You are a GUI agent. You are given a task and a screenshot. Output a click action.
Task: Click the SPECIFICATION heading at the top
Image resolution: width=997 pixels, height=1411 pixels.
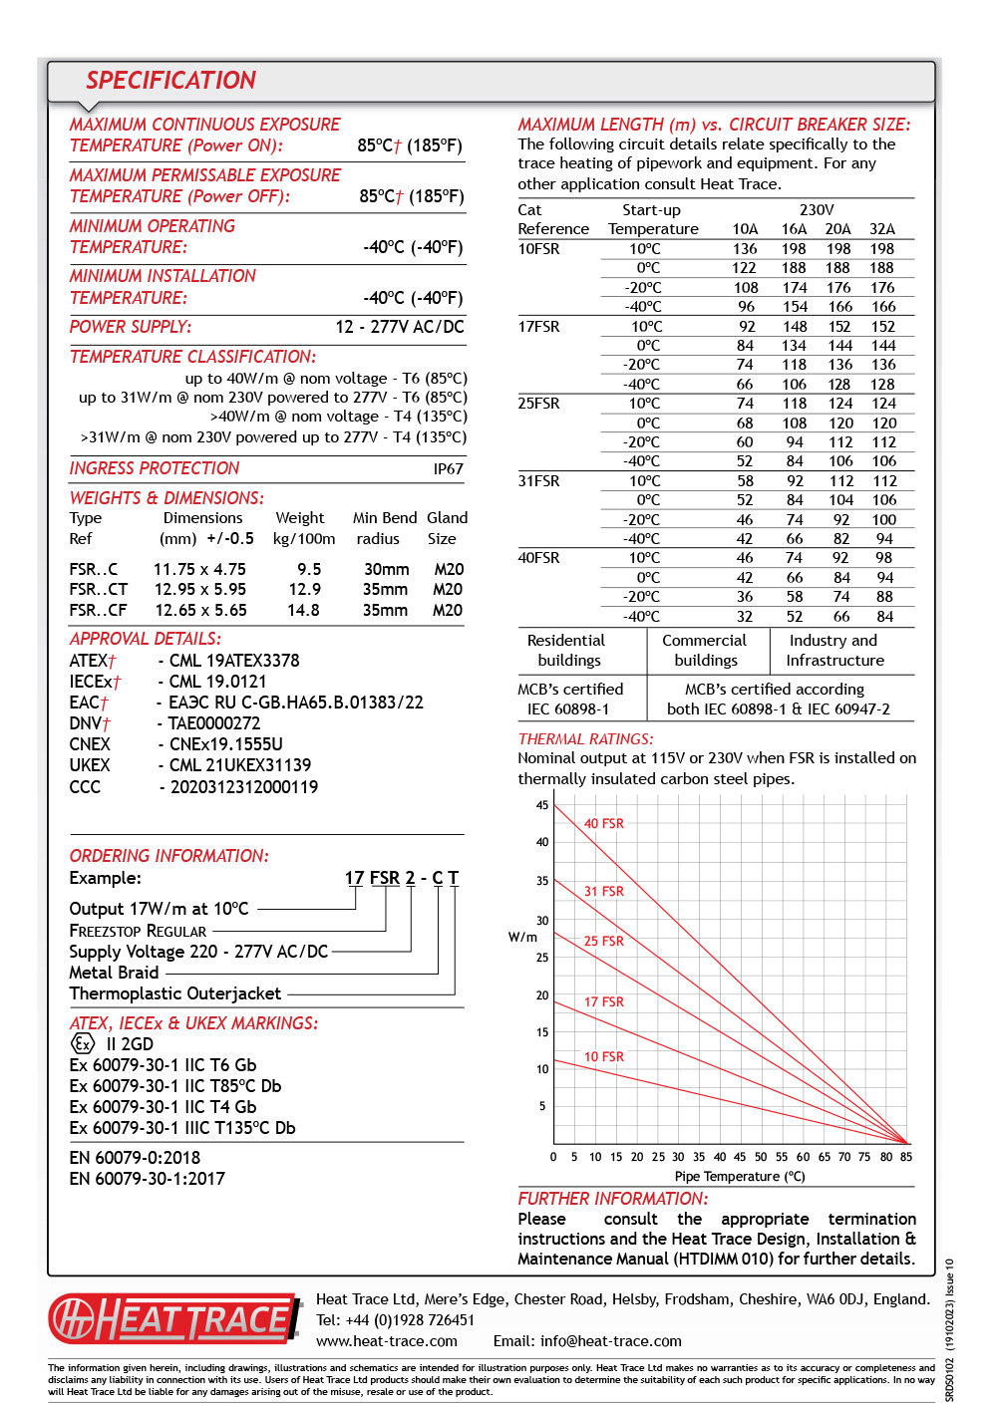tap(170, 81)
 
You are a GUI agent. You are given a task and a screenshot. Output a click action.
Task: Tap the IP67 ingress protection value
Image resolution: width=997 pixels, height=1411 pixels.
tap(448, 469)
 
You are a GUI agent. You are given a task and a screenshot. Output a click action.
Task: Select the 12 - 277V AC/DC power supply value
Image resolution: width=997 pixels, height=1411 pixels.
tap(399, 327)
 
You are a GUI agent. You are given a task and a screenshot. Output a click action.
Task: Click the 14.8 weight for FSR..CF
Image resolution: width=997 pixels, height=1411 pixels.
tap(303, 610)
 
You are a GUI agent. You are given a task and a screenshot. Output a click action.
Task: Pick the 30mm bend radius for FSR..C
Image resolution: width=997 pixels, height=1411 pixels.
tap(386, 569)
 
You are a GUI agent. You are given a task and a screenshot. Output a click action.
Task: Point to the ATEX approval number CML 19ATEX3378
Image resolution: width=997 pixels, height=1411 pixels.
tap(234, 661)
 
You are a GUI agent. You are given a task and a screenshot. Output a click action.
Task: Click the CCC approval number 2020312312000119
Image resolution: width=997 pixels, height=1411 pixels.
tap(244, 787)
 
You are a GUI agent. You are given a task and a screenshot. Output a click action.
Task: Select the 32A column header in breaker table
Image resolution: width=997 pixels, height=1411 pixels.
tap(881, 229)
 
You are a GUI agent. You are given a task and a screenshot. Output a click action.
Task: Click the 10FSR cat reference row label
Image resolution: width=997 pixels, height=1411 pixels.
tap(538, 249)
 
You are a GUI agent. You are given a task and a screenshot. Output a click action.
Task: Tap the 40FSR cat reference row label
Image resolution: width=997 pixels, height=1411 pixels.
tap(538, 558)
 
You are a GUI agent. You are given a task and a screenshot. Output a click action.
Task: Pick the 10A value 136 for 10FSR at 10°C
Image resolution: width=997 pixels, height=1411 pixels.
tap(745, 249)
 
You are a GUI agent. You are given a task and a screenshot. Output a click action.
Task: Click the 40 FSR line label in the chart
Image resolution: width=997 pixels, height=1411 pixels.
tap(603, 824)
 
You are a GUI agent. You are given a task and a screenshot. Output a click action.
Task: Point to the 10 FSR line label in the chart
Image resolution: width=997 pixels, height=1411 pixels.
tap(603, 1057)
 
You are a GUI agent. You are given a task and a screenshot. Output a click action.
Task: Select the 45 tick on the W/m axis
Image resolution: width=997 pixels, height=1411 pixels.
tap(542, 805)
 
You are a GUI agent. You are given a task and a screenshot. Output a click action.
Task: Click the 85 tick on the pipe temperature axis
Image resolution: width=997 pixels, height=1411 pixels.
tap(905, 1157)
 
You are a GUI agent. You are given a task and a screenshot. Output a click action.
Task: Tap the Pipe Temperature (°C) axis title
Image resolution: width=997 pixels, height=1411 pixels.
tap(739, 1177)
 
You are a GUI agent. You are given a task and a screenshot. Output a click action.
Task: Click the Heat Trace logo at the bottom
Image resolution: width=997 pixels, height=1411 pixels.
tap(174, 1318)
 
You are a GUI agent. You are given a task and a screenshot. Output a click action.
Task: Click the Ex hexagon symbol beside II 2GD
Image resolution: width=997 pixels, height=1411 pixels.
tap(83, 1043)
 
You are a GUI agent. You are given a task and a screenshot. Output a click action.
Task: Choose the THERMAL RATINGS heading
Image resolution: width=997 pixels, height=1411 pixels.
tap(585, 739)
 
